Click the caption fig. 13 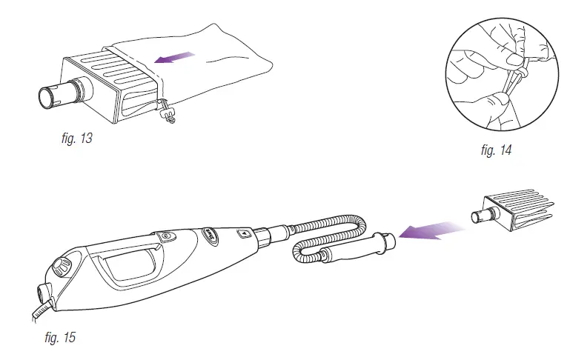77,138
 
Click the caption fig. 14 496,150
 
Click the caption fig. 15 59,339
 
